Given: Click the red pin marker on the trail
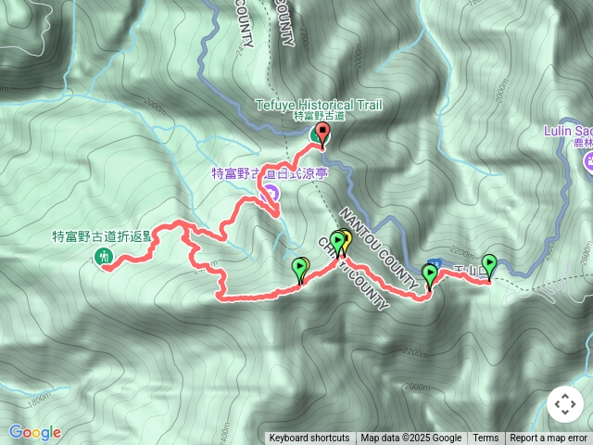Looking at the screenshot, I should pyautogui.click(x=322, y=134).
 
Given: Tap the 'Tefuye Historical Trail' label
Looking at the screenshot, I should pyautogui.click(x=320, y=105).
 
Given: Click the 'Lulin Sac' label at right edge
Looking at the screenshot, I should pyautogui.click(x=567, y=131).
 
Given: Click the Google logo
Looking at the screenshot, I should pyautogui.click(x=34, y=432).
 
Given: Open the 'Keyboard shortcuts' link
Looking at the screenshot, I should pyautogui.click(x=309, y=439).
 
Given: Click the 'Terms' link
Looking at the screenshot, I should pyautogui.click(x=486, y=439).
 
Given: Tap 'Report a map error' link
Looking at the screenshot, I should pyautogui.click(x=549, y=439).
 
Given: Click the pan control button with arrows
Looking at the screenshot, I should pyautogui.click(x=564, y=404).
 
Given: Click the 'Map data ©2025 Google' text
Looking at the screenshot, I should pyautogui.click(x=410, y=439).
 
